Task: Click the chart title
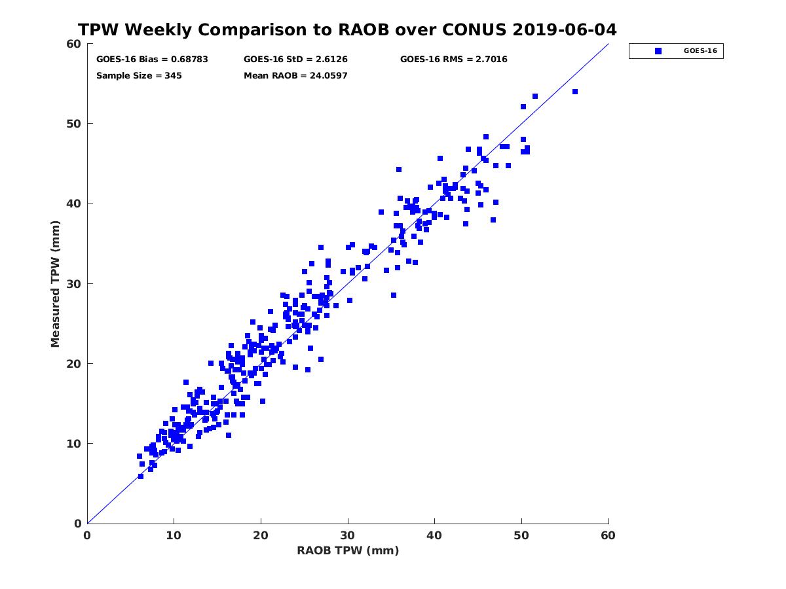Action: tap(347, 30)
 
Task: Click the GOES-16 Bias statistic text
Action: tap(152, 59)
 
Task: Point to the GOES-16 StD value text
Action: tap(295, 59)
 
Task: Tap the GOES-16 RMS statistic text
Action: tap(453, 59)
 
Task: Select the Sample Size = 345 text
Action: tap(139, 75)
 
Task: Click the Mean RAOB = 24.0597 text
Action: tap(295, 75)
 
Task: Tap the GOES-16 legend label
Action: tap(700, 51)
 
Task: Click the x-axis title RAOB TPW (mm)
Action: tap(348, 550)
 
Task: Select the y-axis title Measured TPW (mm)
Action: tap(56, 283)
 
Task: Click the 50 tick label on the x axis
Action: tap(521, 535)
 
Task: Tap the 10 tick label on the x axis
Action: tap(174, 535)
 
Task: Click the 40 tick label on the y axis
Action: tap(74, 204)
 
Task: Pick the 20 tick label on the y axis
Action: tap(74, 364)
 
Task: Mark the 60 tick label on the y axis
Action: tap(74, 44)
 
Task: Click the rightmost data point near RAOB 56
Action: tap(574, 92)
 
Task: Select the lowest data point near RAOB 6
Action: tap(140, 476)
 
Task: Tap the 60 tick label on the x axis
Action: tap(608, 535)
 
